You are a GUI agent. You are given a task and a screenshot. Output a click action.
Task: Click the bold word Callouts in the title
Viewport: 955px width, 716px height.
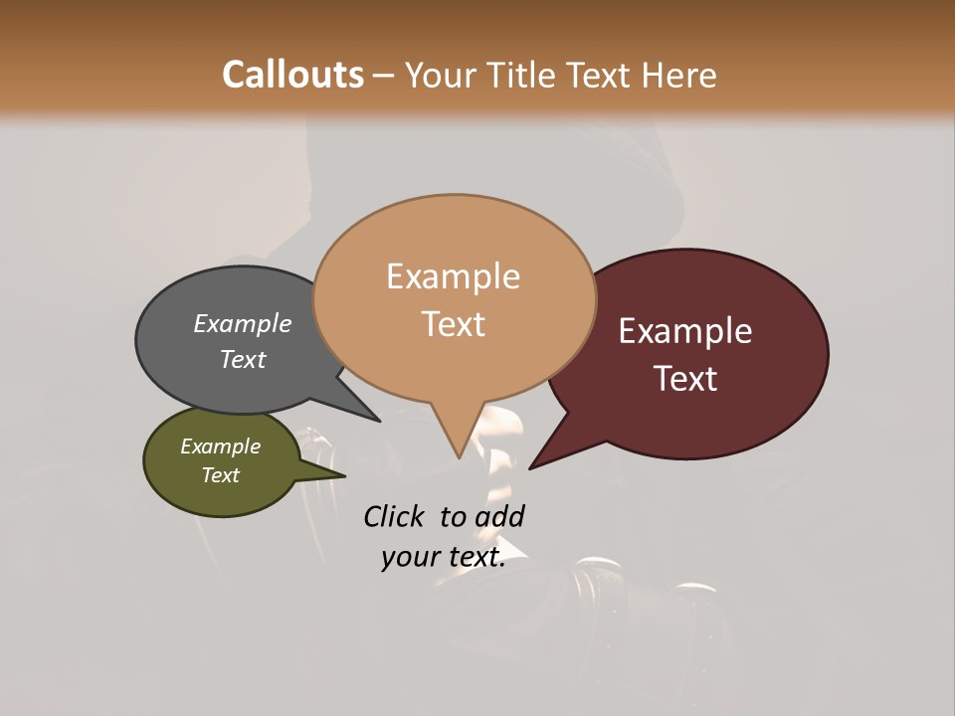pyautogui.click(x=292, y=75)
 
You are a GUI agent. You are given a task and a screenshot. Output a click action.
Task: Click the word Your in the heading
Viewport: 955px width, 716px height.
pyautogui.click(x=442, y=75)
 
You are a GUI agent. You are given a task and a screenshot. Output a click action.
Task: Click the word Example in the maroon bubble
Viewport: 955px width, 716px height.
pyautogui.click(x=685, y=331)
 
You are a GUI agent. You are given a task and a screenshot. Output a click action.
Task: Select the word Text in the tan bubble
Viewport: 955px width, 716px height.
pyautogui.click(x=454, y=324)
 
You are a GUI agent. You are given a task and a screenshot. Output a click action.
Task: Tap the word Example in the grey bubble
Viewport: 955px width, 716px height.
pyautogui.click(x=243, y=324)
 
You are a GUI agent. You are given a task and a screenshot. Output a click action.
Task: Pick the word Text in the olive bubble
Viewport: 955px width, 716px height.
pyautogui.click(x=221, y=475)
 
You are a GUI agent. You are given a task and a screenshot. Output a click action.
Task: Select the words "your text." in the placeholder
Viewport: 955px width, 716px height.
pyautogui.click(x=444, y=558)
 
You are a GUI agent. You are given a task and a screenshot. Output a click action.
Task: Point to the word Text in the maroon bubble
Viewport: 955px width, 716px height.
pyautogui.click(x=686, y=379)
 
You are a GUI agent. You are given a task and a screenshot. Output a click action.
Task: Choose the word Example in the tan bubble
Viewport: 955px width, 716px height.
pyautogui.click(x=454, y=276)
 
